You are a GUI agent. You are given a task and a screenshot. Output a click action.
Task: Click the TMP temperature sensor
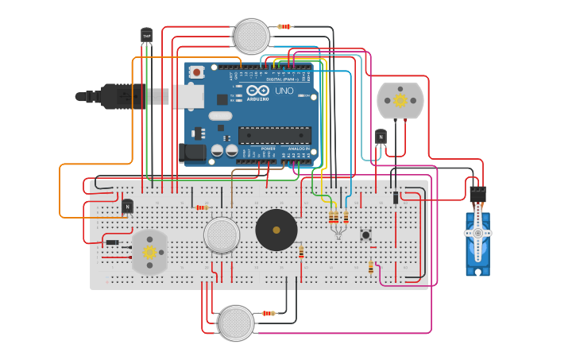click(146, 35)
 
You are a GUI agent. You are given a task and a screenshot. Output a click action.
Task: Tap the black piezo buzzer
click(276, 230)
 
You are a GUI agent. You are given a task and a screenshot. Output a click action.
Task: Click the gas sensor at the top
click(251, 36)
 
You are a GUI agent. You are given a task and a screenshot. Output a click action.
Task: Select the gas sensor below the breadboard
click(236, 323)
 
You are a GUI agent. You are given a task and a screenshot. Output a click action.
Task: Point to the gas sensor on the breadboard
click(222, 235)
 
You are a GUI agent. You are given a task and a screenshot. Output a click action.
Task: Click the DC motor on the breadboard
click(149, 252)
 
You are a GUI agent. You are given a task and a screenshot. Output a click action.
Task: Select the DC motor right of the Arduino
click(400, 101)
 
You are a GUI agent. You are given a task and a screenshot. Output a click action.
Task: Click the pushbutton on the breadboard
click(366, 234)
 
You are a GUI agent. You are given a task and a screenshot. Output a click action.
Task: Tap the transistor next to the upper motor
click(381, 137)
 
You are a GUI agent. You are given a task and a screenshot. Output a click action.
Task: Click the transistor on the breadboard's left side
click(127, 206)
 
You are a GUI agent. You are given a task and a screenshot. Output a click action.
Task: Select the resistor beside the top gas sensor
click(284, 26)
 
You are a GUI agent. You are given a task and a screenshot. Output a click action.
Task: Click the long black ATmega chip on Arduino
click(274, 135)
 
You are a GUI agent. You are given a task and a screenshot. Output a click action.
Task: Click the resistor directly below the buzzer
click(301, 252)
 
